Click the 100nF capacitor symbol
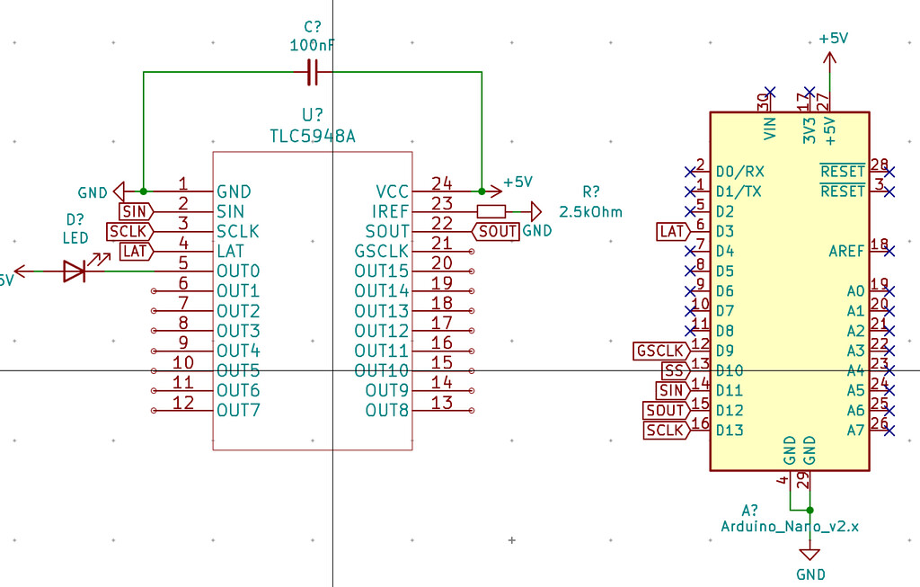[x=313, y=73]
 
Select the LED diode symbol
[x=75, y=271]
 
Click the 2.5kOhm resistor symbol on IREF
[x=491, y=211]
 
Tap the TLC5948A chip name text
[x=313, y=136]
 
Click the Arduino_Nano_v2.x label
[x=790, y=527]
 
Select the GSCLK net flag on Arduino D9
[x=661, y=351]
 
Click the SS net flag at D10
[x=675, y=370]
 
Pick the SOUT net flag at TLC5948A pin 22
[x=495, y=231]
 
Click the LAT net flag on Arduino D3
[x=672, y=231]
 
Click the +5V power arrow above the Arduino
[x=829, y=58]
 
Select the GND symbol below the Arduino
[x=810, y=555]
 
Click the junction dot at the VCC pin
[x=482, y=191]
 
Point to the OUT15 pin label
[x=381, y=271]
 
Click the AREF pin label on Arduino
[x=846, y=251]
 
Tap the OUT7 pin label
[x=238, y=410]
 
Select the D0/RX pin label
[x=740, y=172]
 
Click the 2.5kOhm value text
[x=590, y=212]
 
